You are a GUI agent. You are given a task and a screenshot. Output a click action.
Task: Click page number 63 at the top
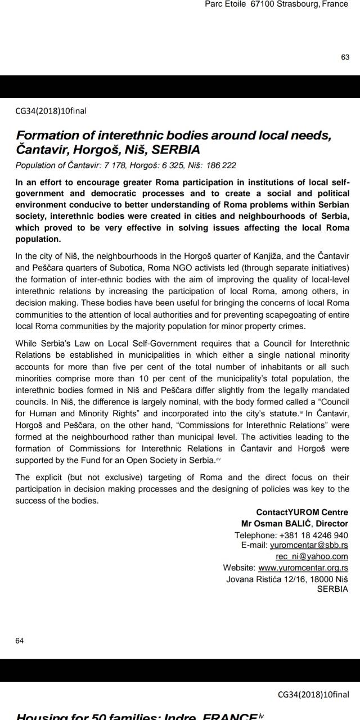pyautogui.click(x=345, y=57)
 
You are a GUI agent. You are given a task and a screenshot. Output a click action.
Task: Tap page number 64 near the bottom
pyautogui.click(x=20, y=641)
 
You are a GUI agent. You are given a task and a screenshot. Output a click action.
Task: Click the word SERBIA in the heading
pyautogui.click(x=176, y=150)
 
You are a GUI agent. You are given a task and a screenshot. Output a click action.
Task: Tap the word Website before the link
pyautogui.click(x=239, y=568)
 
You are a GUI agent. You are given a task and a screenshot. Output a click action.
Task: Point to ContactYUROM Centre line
pyautogui.click(x=302, y=512)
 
